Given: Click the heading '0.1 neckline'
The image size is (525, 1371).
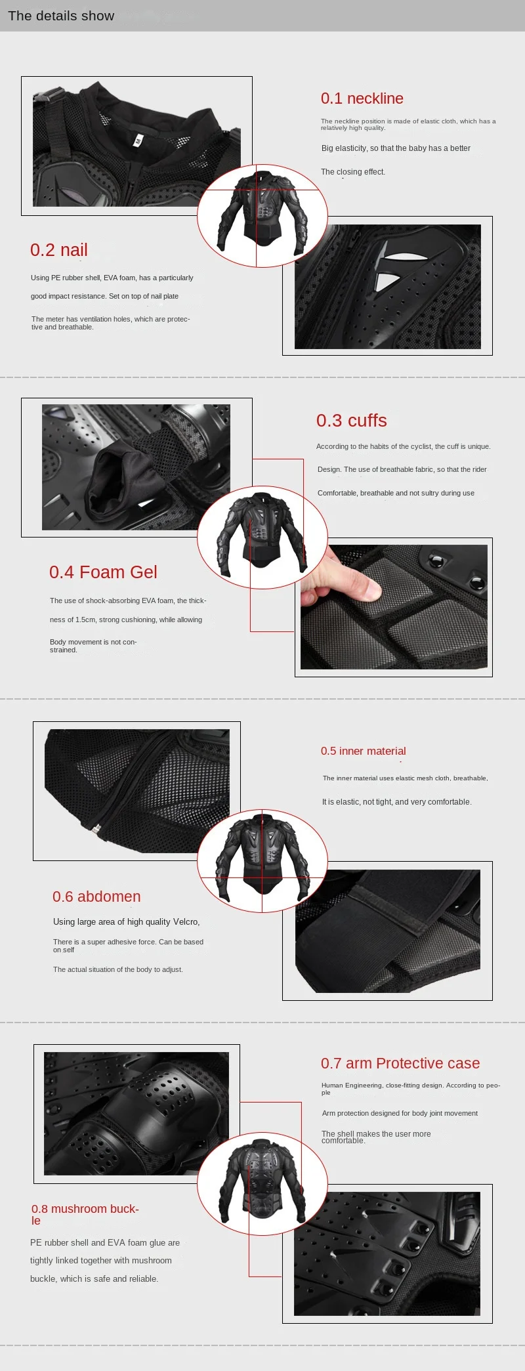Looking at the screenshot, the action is tap(362, 98).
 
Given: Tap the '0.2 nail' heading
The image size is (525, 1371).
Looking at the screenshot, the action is tap(58, 250).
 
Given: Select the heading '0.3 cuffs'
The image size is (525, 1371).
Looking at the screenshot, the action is tap(351, 421).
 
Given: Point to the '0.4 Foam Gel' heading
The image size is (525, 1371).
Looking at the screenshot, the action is tap(103, 572).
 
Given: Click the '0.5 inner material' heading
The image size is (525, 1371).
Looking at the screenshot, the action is tap(363, 751).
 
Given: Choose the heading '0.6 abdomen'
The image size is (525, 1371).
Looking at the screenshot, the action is tap(96, 896).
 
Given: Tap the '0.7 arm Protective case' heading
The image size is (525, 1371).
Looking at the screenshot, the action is tap(400, 1063).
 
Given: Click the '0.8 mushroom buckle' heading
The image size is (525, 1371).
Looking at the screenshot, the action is tap(85, 1214).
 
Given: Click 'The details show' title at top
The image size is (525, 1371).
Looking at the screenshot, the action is tap(61, 16).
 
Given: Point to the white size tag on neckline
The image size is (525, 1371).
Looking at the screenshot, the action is tap(137, 140).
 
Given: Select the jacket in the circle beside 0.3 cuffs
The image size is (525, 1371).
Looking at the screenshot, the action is tap(262, 533).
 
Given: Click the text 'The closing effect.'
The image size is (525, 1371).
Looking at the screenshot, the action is tap(353, 172).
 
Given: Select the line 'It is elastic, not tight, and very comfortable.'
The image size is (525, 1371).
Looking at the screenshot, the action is tap(396, 802).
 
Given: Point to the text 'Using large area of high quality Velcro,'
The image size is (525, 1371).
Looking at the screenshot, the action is tap(127, 922).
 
